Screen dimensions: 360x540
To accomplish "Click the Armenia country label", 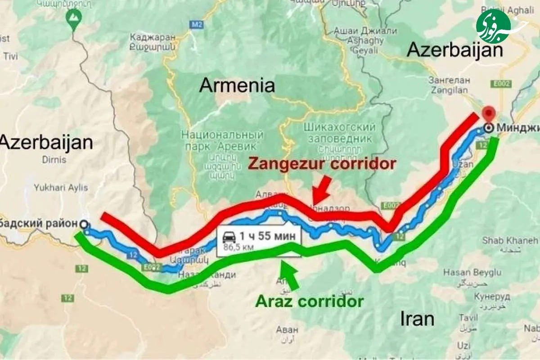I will pyautogui.click(x=237, y=85).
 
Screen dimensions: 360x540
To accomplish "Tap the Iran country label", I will pyautogui.click(x=417, y=319).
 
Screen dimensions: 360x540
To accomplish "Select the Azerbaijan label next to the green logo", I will pyautogui.click(x=454, y=50).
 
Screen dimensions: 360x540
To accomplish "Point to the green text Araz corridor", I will pyautogui.click(x=309, y=301).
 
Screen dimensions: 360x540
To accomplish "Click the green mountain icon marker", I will pyautogui.click(x=71, y=18).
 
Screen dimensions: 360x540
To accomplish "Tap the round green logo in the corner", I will pyautogui.click(x=493, y=26).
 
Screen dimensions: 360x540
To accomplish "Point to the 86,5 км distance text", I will pyautogui.click(x=238, y=247).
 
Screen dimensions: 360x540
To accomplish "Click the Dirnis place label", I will pyautogui.click(x=54, y=159).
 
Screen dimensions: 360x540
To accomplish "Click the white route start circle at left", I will pyautogui.click(x=84, y=224).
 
